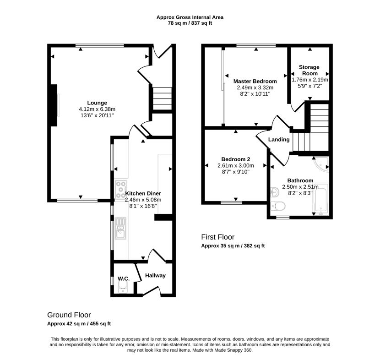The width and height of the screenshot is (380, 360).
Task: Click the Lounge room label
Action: click(97, 103)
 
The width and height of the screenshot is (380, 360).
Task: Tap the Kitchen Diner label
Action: click(143, 193)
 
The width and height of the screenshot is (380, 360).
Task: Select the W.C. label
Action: click(124, 278)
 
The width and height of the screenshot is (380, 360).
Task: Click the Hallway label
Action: click(155, 275)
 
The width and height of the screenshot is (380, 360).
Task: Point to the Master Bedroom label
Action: click(255, 81)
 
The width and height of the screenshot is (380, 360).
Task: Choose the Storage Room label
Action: click(309, 70)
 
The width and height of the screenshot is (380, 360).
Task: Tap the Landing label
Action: click(279, 139)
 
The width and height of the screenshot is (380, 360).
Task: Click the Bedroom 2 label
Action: click(236, 159)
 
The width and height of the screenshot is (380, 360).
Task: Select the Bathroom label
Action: click(300, 180)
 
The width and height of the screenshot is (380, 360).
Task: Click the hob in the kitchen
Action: click(121, 189)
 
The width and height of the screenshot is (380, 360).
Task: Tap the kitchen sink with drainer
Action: click(120, 228)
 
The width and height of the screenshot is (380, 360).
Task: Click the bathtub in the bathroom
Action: click(321, 199)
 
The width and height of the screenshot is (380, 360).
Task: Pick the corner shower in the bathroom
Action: click(321, 164)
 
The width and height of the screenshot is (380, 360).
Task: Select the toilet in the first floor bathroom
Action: click(278, 207)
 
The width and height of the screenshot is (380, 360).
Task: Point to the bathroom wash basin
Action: click(275, 192)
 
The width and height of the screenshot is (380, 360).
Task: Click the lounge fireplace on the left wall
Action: click(54, 105)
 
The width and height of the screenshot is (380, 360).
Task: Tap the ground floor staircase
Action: click(162, 98)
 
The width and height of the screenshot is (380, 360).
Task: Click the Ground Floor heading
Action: click(69, 315)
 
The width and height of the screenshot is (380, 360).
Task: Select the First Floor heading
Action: click(218, 237)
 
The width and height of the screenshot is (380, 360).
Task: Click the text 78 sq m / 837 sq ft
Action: click(190, 23)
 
